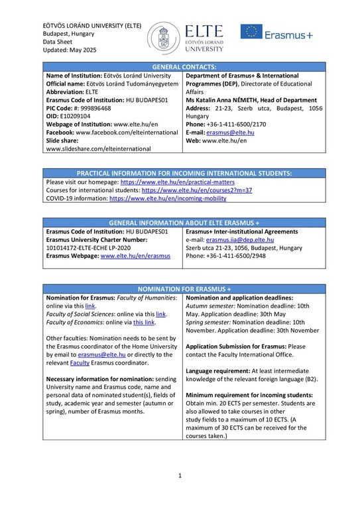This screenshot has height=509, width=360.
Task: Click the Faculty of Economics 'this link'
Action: pos(144,322)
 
